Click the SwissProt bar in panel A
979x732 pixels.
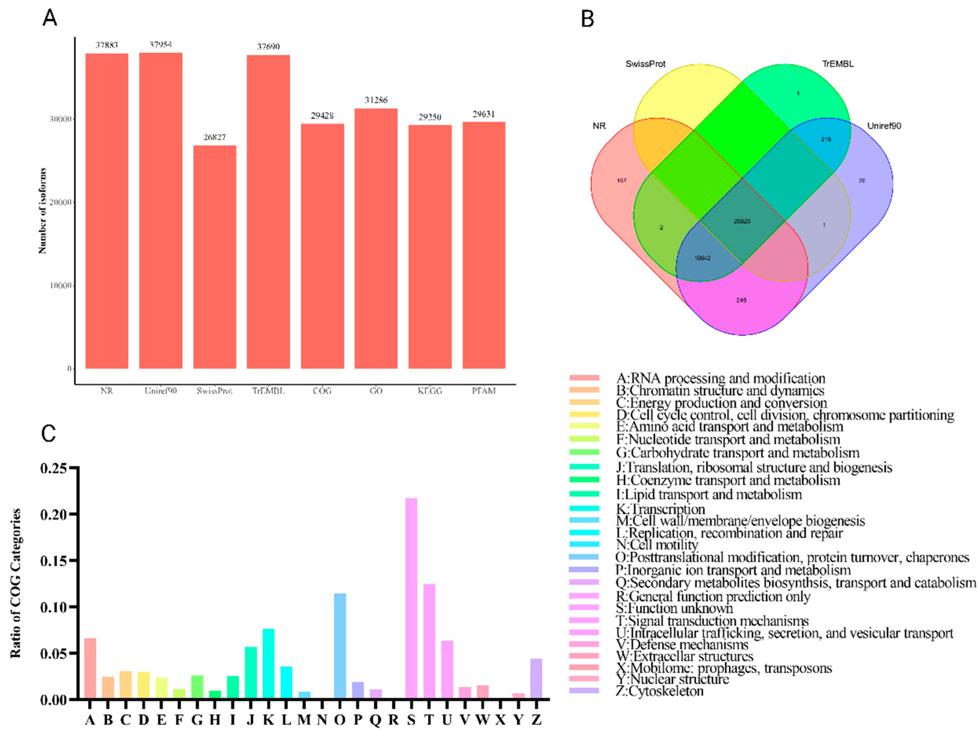[x=215, y=257]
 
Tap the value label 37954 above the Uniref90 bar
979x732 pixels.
[x=161, y=45]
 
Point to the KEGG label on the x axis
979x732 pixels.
[x=430, y=391]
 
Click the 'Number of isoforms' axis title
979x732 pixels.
[x=42, y=211]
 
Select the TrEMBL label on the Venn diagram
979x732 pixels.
[x=838, y=64]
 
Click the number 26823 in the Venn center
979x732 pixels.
[x=742, y=221]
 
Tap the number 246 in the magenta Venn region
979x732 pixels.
[x=741, y=300]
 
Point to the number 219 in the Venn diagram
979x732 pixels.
[x=826, y=139]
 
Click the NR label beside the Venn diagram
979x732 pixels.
[x=599, y=126]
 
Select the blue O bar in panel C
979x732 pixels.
[x=340, y=646]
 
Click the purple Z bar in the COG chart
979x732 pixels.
[x=536, y=678]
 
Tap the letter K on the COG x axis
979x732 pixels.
[x=268, y=720]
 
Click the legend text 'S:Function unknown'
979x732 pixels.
[x=674, y=609]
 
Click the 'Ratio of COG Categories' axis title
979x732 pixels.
[x=16, y=583]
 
